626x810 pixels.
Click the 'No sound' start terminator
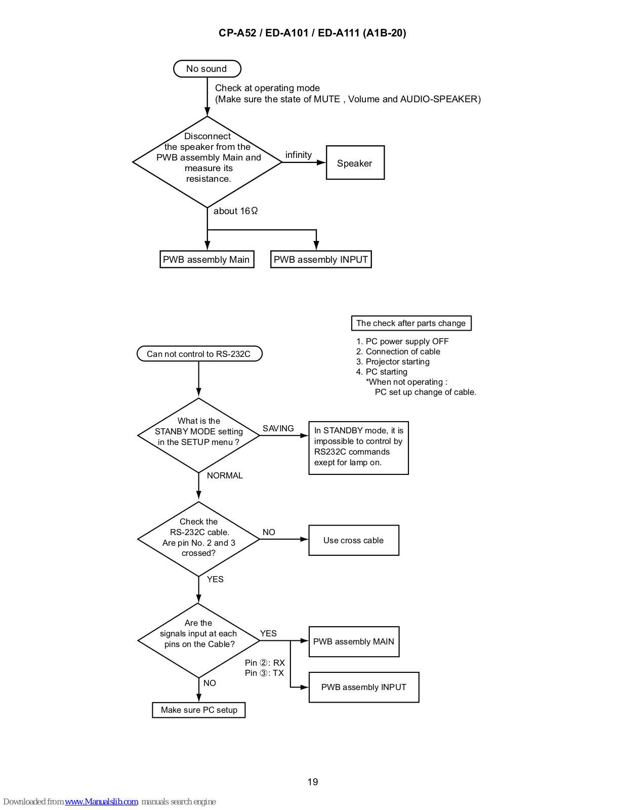pos(207,68)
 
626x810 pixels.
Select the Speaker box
pos(355,163)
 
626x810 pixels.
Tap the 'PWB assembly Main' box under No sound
pos(207,259)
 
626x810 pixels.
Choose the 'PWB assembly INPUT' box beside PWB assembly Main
pos(321,259)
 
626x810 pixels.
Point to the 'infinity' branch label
pos(299,155)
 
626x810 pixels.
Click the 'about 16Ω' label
pos(235,211)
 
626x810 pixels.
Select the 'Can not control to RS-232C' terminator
pos(199,353)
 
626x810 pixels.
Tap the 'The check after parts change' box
pos(411,323)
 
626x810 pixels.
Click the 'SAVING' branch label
pos(278,428)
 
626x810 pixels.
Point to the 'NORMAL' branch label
pos(225,475)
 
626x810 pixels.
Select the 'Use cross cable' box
pos(354,540)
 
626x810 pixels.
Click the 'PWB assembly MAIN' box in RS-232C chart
pos(354,641)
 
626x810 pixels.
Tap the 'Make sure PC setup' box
pos(198,710)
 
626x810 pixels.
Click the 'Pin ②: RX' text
pos(265,662)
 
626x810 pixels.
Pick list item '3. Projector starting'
pos(393,361)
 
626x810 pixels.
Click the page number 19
pos(313,782)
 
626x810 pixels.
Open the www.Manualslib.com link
pos(101,801)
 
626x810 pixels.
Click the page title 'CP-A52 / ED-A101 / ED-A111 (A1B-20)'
pos(312,33)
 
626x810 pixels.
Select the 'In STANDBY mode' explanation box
pos(358,448)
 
